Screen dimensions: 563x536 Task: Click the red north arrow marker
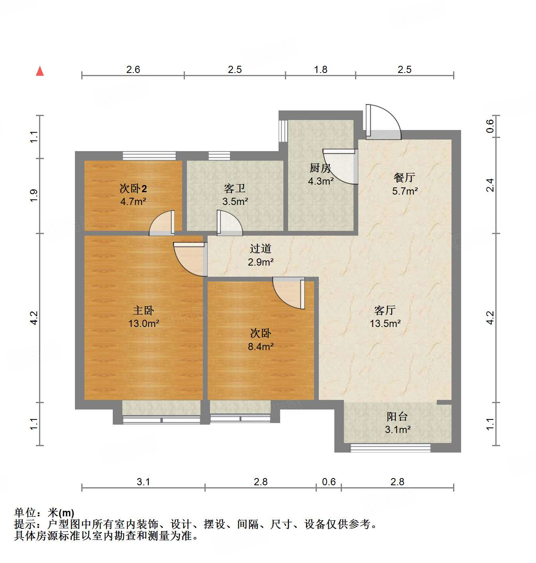click(x=40, y=71)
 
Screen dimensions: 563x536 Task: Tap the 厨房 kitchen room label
click(x=320, y=168)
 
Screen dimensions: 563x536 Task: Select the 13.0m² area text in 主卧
click(x=143, y=323)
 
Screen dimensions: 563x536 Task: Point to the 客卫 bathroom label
click(x=235, y=188)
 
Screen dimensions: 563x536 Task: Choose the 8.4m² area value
click(x=261, y=346)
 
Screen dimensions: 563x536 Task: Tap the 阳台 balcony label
click(x=397, y=417)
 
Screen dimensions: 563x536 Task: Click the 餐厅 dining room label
click(x=404, y=177)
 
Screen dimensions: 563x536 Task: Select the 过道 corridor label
click(x=261, y=249)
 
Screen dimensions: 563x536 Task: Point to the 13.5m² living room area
click(x=385, y=323)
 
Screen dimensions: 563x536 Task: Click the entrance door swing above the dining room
click(x=383, y=122)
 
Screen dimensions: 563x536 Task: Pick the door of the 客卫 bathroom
click(x=229, y=223)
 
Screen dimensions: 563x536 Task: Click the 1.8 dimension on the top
click(x=320, y=70)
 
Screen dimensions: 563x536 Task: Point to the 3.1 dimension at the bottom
click(x=143, y=482)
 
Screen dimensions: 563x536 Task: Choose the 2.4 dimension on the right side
click(x=490, y=185)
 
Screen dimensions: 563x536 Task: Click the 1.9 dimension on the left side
click(x=34, y=195)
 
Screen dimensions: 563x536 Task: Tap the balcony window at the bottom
click(x=391, y=448)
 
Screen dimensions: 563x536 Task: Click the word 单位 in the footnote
click(x=25, y=513)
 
